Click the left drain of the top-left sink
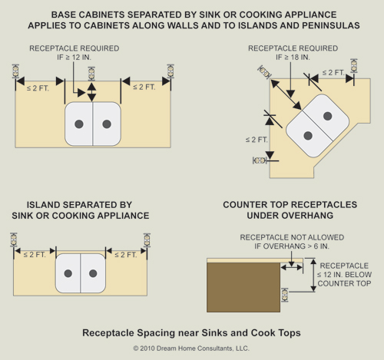tap(79, 124)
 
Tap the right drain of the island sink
tap(93, 273)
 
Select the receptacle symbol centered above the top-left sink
tap(91, 74)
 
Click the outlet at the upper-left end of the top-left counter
tap(15, 71)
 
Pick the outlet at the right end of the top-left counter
tap(170, 71)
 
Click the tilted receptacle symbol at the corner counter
tap(265, 71)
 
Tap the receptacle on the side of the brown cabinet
tap(284, 295)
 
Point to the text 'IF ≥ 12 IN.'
tap(74, 58)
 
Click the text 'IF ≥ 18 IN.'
tap(293, 58)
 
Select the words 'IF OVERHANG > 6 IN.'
tap(292, 246)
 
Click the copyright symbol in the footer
tap(136, 348)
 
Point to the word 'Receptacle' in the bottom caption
tap(108, 333)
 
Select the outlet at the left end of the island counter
tap(14, 239)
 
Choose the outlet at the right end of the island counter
tap(147, 240)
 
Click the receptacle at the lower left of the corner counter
tap(260, 160)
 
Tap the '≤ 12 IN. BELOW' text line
tap(344, 275)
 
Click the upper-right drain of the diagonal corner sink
tap(328, 116)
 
